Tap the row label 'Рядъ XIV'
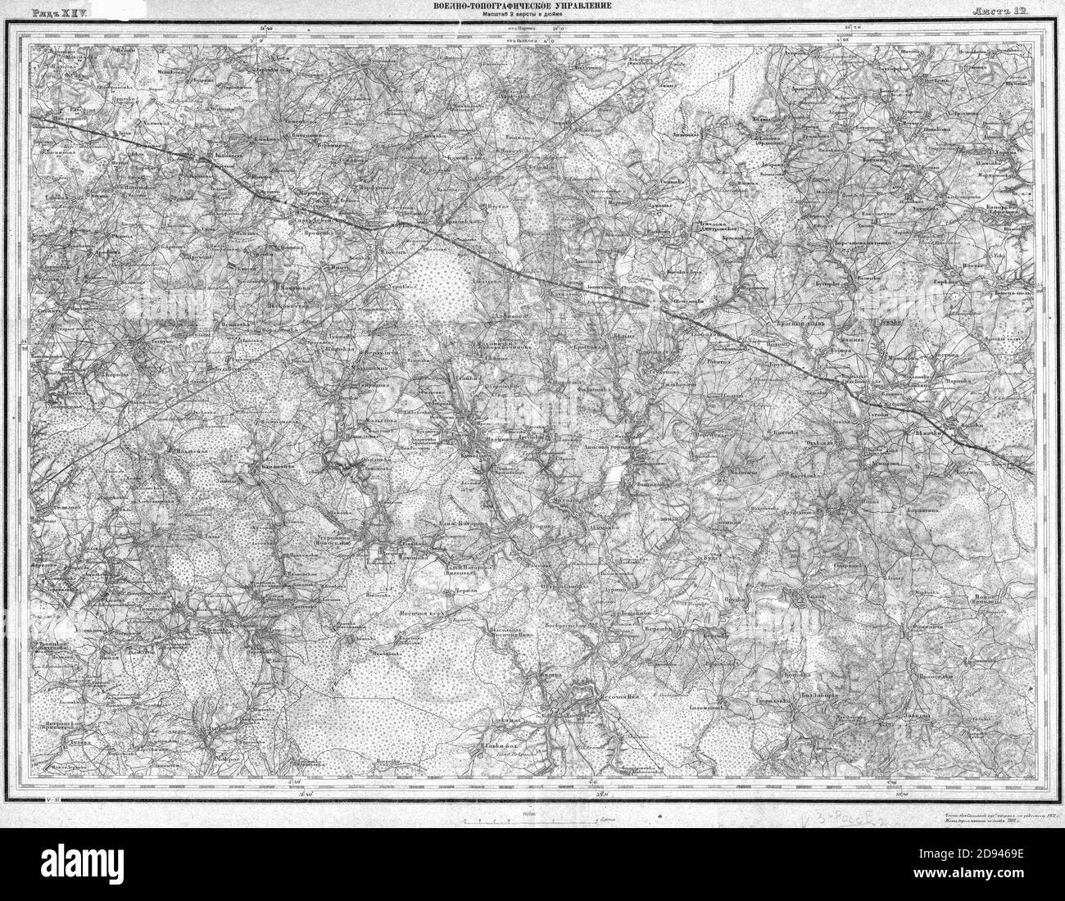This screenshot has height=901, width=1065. pyautogui.click(x=59, y=11)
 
